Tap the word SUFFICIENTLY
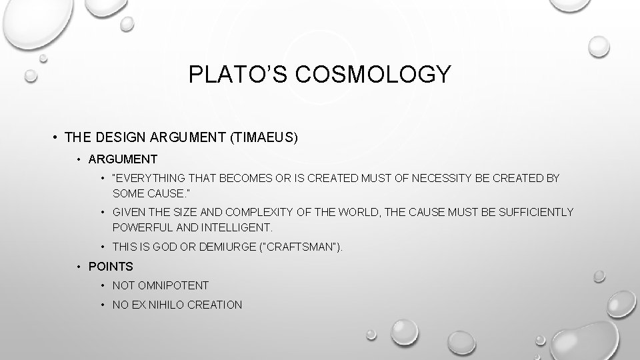[529, 212]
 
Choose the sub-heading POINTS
[111, 267]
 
